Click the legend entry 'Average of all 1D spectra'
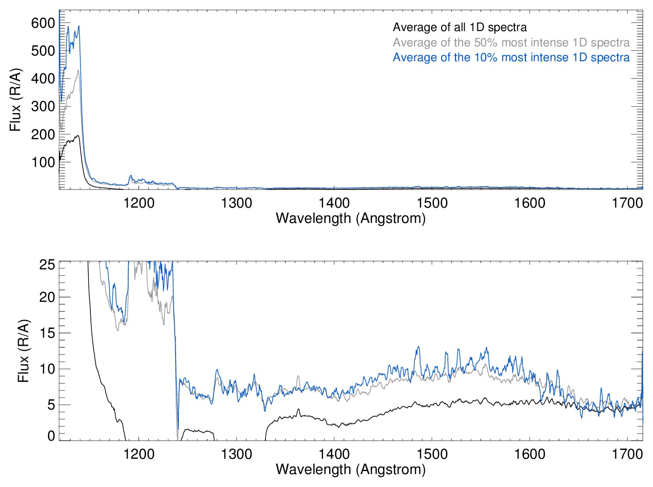pos(459,27)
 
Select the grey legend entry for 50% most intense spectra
pos(511,43)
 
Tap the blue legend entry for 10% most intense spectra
pos(511,57)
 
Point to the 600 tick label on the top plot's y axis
pos(43,23)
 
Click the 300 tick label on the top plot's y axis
pos(43,106)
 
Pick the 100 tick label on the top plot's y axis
pos(43,162)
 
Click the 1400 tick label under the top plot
pos(334,203)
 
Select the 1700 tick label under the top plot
pos(627,203)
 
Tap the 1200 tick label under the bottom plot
pos(139,454)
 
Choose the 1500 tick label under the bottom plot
pos(432,454)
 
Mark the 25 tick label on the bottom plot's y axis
pos(47,265)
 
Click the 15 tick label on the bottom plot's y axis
pos(47,333)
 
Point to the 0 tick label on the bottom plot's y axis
pos(51,436)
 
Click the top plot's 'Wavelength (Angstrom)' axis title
pos(351,218)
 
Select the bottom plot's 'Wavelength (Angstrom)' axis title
pos(351,469)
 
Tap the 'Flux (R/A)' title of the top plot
pos(15,100)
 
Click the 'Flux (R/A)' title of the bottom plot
pos(23,351)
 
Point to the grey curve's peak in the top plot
pos(78,71)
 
